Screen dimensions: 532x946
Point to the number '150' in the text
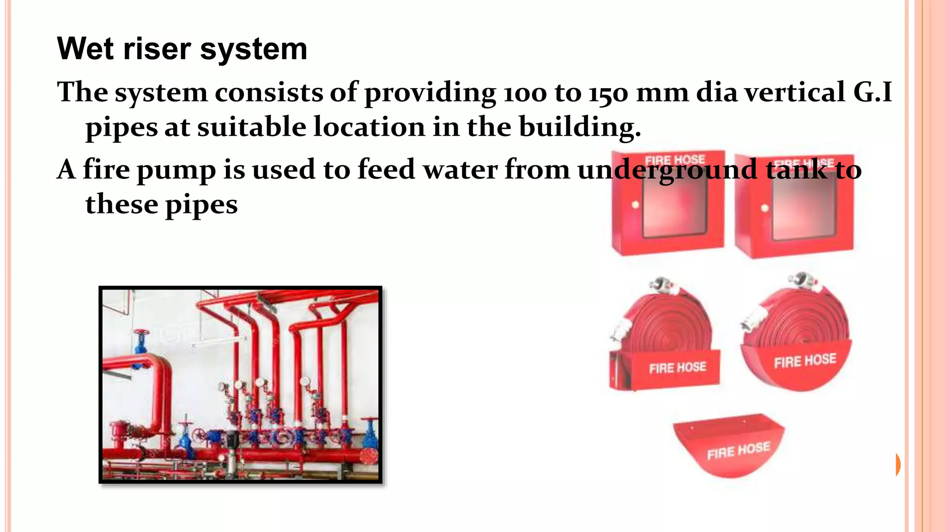pos(608,92)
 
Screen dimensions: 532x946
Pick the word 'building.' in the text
pos(580,127)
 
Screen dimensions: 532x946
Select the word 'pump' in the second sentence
pos(176,170)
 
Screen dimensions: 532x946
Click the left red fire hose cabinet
pos(667,203)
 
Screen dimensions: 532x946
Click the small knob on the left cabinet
pos(635,204)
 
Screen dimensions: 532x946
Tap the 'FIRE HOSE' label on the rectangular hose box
pos(678,368)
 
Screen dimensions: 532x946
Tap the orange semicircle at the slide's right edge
pos(897,465)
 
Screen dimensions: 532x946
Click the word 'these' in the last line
pos(121,204)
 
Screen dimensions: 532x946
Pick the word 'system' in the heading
pos(254,49)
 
